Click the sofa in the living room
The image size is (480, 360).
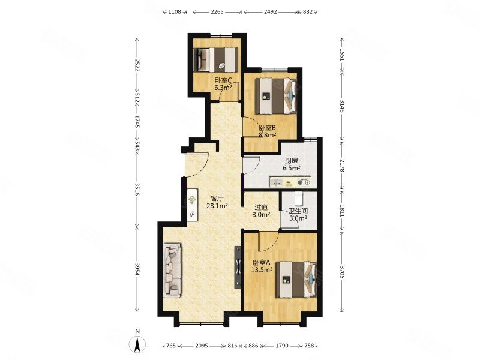point(172,269)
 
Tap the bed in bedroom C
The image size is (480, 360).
point(216,59)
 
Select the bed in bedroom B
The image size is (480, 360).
point(276,96)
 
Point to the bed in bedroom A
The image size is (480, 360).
point(296,279)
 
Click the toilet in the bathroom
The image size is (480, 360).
point(299,199)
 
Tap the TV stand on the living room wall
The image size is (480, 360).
point(238,267)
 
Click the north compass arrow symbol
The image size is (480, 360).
point(138,344)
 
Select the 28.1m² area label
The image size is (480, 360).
point(217,206)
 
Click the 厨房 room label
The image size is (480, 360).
point(291,161)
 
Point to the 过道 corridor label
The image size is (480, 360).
point(261,207)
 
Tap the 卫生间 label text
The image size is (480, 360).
point(298,211)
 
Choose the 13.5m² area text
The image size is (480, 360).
point(262,270)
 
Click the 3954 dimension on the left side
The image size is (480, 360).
point(137,269)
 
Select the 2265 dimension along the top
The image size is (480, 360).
point(217,12)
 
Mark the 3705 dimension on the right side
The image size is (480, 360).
point(342,272)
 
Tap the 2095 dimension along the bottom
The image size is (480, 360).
point(202,346)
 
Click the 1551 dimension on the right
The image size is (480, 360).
point(342,55)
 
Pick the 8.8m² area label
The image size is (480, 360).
point(268,135)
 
